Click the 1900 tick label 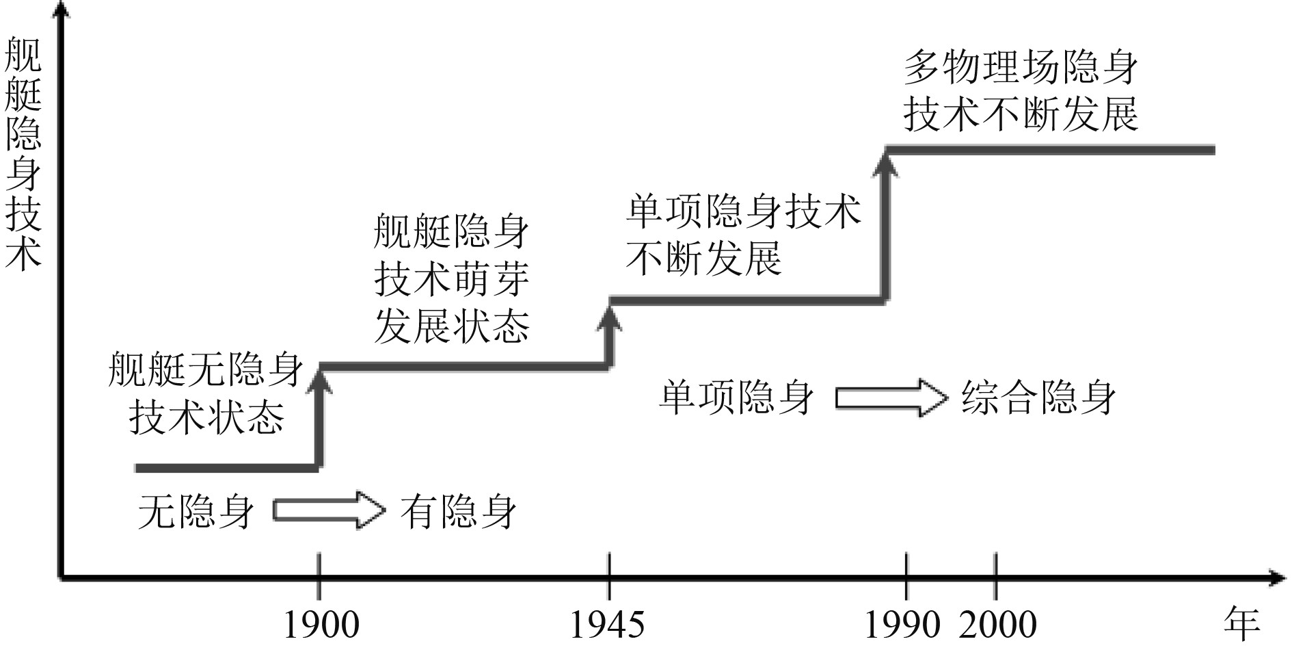(321, 625)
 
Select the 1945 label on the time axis (607, 625)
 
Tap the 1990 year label (902, 625)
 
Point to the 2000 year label (997, 625)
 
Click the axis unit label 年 (1241, 623)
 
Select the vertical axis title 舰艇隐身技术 (23, 154)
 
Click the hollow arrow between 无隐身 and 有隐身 (329, 510)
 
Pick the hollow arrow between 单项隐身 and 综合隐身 (891, 398)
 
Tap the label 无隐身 (196, 511)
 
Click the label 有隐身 (459, 511)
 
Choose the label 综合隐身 (1038, 398)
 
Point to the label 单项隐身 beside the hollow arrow (736, 398)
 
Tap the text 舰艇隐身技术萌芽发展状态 (452, 279)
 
